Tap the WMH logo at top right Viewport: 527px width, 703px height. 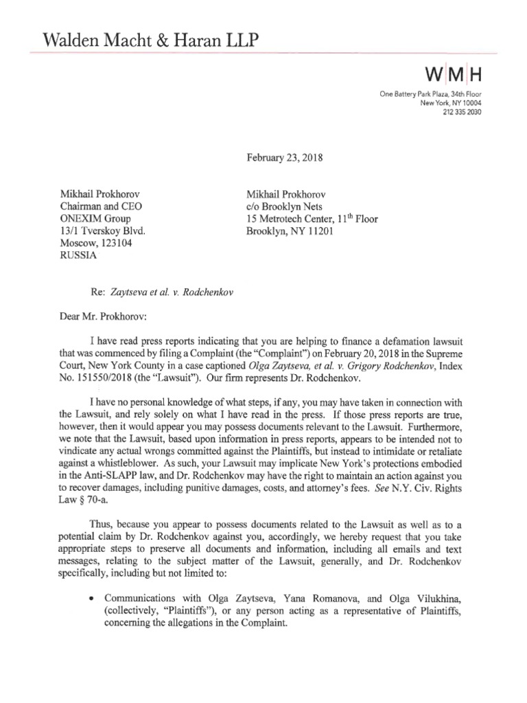[451, 73]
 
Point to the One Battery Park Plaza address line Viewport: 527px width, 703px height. [430, 94]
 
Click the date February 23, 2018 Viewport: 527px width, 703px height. [285, 157]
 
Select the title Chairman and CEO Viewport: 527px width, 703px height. [103, 207]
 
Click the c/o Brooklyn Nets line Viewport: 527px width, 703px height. [286, 207]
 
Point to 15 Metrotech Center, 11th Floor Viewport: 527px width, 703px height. [312, 219]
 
